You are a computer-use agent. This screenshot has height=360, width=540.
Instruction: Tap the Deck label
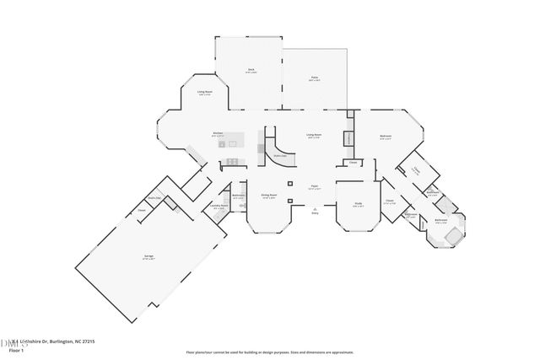pyautogui.click(x=251, y=70)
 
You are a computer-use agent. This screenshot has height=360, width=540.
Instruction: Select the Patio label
pyautogui.click(x=314, y=78)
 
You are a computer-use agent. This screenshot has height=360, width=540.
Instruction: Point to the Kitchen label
pyautogui.click(x=218, y=132)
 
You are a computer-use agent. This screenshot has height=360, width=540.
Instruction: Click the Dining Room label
pyautogui.click(x=267, y=196)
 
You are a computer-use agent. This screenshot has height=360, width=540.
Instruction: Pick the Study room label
pyautogui.click(x=358, y=203)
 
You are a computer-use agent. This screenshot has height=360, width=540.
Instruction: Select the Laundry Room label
pyautogui.click(x=219, y=207)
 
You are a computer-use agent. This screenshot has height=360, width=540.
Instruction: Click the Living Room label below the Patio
pyautogui.click(x=314, y=135)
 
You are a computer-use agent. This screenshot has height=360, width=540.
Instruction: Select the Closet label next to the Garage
pyautogui.click(x=142, y=212)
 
